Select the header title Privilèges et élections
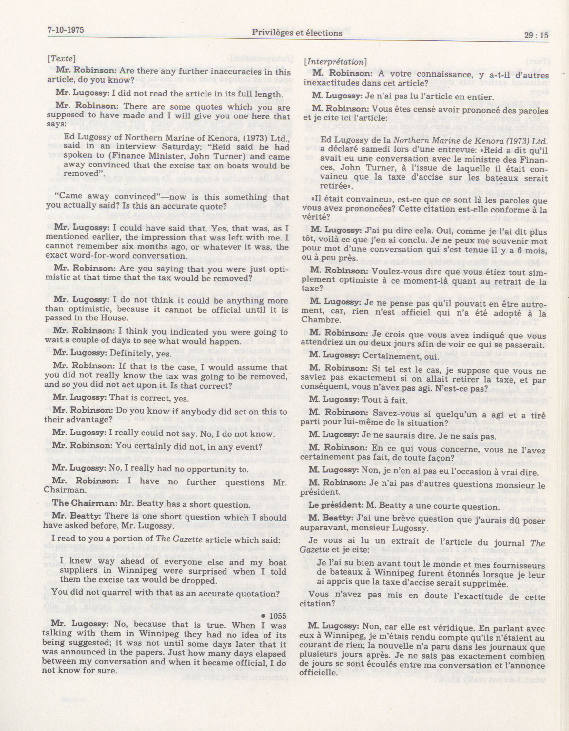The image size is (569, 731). click(297, 33)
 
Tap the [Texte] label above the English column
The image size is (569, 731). click(61, 58)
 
